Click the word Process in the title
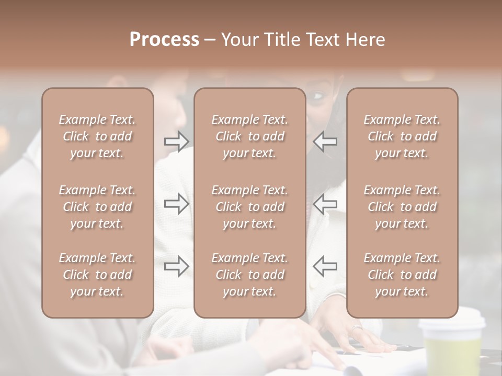click(x=164, y=40)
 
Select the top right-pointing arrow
click(x=176, y=141)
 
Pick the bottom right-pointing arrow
click(x=176, y=266)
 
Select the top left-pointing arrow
click(x=325, y=141)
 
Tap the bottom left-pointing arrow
click(x=325, y=266)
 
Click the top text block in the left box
click(x=97, y=136)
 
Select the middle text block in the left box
click(x=97, y=207)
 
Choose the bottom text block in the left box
click(x=97, y=275)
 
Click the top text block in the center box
click(x=249, y=136)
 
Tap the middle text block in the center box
click(x=249, y=207)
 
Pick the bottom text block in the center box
click(x=249, y=275)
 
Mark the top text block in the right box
click(x=402, y=136)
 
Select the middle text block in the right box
click(x=402, y=207)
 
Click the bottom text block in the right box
click(x=402, y=275)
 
